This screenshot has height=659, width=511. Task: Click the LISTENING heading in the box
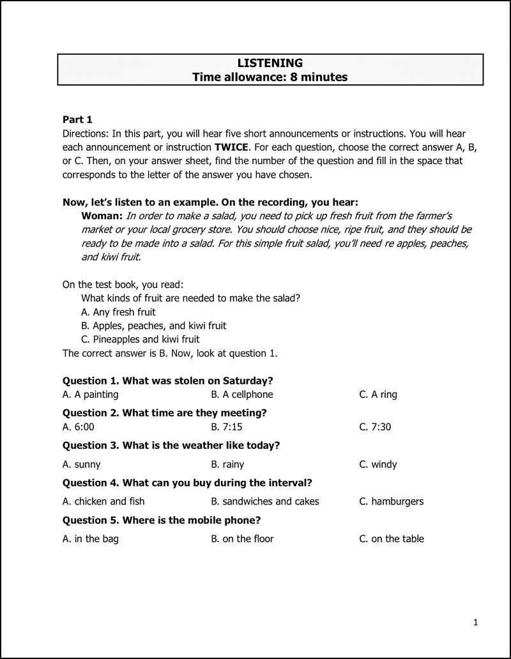[x=270, y=63]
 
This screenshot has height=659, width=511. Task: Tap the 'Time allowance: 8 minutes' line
[x=270, y=77]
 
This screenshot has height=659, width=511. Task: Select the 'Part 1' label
[x=77, y=119]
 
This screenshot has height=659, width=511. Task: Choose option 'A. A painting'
[x=90, y=395]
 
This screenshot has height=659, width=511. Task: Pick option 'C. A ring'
[x=378, y=395]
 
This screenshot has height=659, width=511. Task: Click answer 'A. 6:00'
[x=78, y=427]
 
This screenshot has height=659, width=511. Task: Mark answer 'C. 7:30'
[x=375, y=427]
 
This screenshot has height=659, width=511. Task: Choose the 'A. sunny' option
[x=81, y=464]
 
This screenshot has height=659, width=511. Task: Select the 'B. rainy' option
[x=227, y=464]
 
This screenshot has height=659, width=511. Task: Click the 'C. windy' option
[x=378, y=464]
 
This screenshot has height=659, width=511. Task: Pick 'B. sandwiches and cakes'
[x=265, y=501]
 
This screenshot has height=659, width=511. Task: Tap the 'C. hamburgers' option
[x=392, y=501]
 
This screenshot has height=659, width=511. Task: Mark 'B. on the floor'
[x=242, y=539]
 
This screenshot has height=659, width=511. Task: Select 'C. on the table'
[x=392, y=539]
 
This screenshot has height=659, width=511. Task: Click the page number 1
[x=476, y=622]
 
